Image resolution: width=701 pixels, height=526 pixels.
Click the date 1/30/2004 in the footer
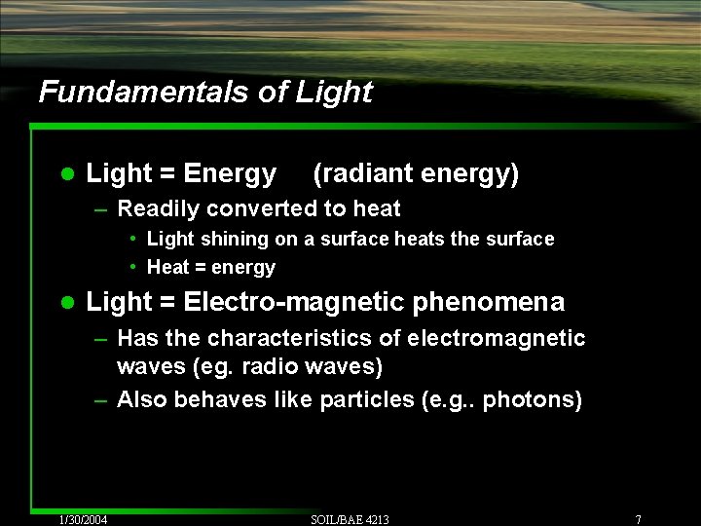83,519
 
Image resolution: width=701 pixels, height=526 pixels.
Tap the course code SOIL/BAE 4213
350,519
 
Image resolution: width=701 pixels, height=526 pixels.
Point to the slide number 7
637,519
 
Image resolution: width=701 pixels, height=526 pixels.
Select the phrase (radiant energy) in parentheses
416,173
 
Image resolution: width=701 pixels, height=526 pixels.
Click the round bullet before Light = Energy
65,174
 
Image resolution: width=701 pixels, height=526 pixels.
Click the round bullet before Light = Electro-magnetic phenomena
65,303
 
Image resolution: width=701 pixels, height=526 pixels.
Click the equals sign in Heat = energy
200,267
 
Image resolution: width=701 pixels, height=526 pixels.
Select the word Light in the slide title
334,92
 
